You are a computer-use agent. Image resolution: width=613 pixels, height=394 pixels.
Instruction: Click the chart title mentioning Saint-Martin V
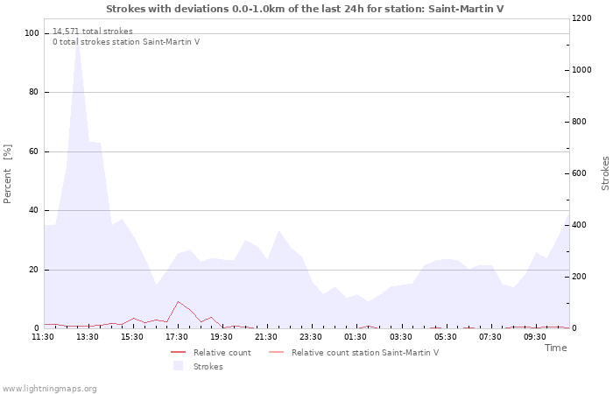click(305, 9)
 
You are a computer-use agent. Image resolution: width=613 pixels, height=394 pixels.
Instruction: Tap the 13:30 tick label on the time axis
click(88, 337)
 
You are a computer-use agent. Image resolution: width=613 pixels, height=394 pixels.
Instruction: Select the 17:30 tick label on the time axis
click(177, 337)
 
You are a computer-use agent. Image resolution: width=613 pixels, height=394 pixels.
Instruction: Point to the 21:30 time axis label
click(266, 337)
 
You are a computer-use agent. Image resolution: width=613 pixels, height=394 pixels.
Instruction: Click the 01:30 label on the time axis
click(356, 337)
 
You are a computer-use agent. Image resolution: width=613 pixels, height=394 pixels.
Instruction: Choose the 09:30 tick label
click(534, 337)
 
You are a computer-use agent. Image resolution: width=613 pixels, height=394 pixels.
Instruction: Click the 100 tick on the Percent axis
click(32, 33)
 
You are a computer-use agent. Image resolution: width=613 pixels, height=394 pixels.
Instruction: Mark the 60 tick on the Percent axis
click(33, 151)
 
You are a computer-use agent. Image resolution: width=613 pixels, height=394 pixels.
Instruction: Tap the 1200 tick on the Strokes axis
click(581, 18)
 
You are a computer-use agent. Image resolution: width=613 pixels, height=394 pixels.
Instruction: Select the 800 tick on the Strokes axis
click(580, 122)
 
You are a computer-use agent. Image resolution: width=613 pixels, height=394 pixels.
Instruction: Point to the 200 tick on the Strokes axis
click(580, 277)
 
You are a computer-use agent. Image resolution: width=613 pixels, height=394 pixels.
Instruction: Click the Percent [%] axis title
click(7, 174)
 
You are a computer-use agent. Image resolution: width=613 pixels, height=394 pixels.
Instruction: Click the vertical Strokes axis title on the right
click(605, 173)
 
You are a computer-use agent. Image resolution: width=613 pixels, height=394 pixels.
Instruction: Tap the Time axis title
click(555, 348)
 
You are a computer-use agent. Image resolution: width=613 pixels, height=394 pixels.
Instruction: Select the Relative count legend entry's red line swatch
click(179, 353)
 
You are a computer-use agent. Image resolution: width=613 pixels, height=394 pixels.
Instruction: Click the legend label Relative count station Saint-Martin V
click(365, 353)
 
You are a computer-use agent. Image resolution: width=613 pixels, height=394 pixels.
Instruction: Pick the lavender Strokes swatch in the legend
click(179, 366)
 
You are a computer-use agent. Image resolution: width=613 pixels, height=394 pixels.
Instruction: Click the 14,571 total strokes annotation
click(93, 32)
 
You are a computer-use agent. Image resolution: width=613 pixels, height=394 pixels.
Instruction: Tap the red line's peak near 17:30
click(178, 301)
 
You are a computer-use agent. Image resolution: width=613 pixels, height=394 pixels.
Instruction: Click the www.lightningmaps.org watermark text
click(48, 389)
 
